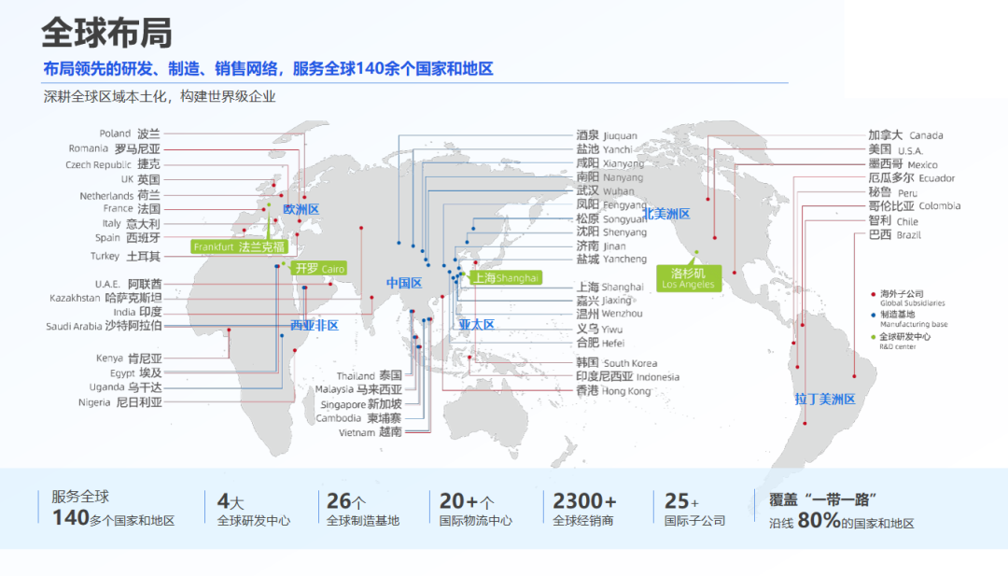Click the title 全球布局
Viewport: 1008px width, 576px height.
point(106,34)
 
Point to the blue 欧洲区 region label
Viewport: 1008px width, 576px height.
point(301,210)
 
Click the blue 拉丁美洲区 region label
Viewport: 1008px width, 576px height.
point(824,399)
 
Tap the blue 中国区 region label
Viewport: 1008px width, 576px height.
point(404,283)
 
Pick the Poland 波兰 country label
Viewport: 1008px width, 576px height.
point(130,133)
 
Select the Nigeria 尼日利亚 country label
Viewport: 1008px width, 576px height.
point(120,402)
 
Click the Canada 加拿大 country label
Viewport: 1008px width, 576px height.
point(905,135)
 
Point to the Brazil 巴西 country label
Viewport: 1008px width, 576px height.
point(893,235)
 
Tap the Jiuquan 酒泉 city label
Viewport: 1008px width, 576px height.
point(607,135)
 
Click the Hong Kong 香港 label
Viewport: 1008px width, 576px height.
point(612,391)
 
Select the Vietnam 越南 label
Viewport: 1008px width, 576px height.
point(370,432)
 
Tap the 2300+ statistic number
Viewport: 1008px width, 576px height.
point(584,501)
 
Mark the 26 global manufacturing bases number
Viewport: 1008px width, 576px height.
point(340,501)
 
